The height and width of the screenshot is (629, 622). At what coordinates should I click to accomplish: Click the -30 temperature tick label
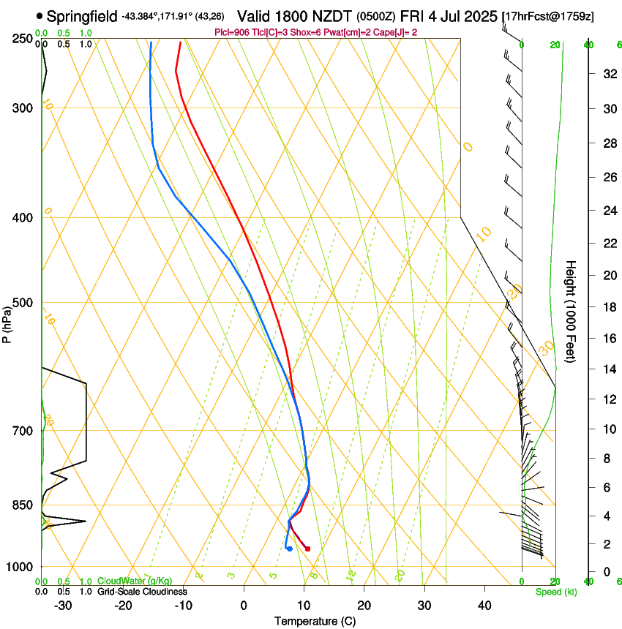(x=63, y=606)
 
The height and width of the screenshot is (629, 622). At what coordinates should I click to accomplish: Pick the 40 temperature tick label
(x=484, y=606)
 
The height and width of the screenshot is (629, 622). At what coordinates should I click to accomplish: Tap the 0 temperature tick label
(x=244, y=606)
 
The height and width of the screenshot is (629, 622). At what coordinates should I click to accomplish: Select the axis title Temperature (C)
(x=315, y=621)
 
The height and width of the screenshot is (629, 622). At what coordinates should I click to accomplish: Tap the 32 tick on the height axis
(x=608, y=74)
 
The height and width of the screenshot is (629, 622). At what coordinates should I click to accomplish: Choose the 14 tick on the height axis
(x=608, y=369)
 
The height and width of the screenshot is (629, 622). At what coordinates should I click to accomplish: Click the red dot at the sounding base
(x=307, y=549)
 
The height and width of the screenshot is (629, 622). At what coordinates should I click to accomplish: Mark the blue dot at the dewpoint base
(x=290, y=549)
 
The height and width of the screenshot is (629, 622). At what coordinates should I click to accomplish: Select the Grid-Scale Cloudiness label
(x=142, y=592)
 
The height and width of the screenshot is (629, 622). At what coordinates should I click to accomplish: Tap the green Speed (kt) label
(x=555, y=592)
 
